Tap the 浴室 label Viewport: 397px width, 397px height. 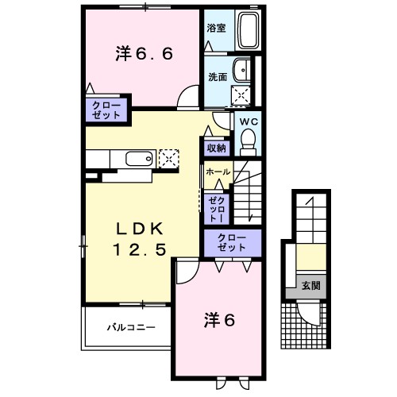pyautogui.click(x=216, y=29)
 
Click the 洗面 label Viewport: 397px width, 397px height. pyautogui.click(x=216, y=77)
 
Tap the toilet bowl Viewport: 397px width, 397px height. pyautogui.click(x=249, y=141)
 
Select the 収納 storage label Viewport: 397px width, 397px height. pyautogui.click(x=217, y=148)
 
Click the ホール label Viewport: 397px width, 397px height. pyautogui.click(x=218, y=172)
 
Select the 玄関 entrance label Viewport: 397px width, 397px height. pyautogui.click(x=310, y=284)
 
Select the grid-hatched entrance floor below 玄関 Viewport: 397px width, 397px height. pyautogui.click(x=303, y=322)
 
